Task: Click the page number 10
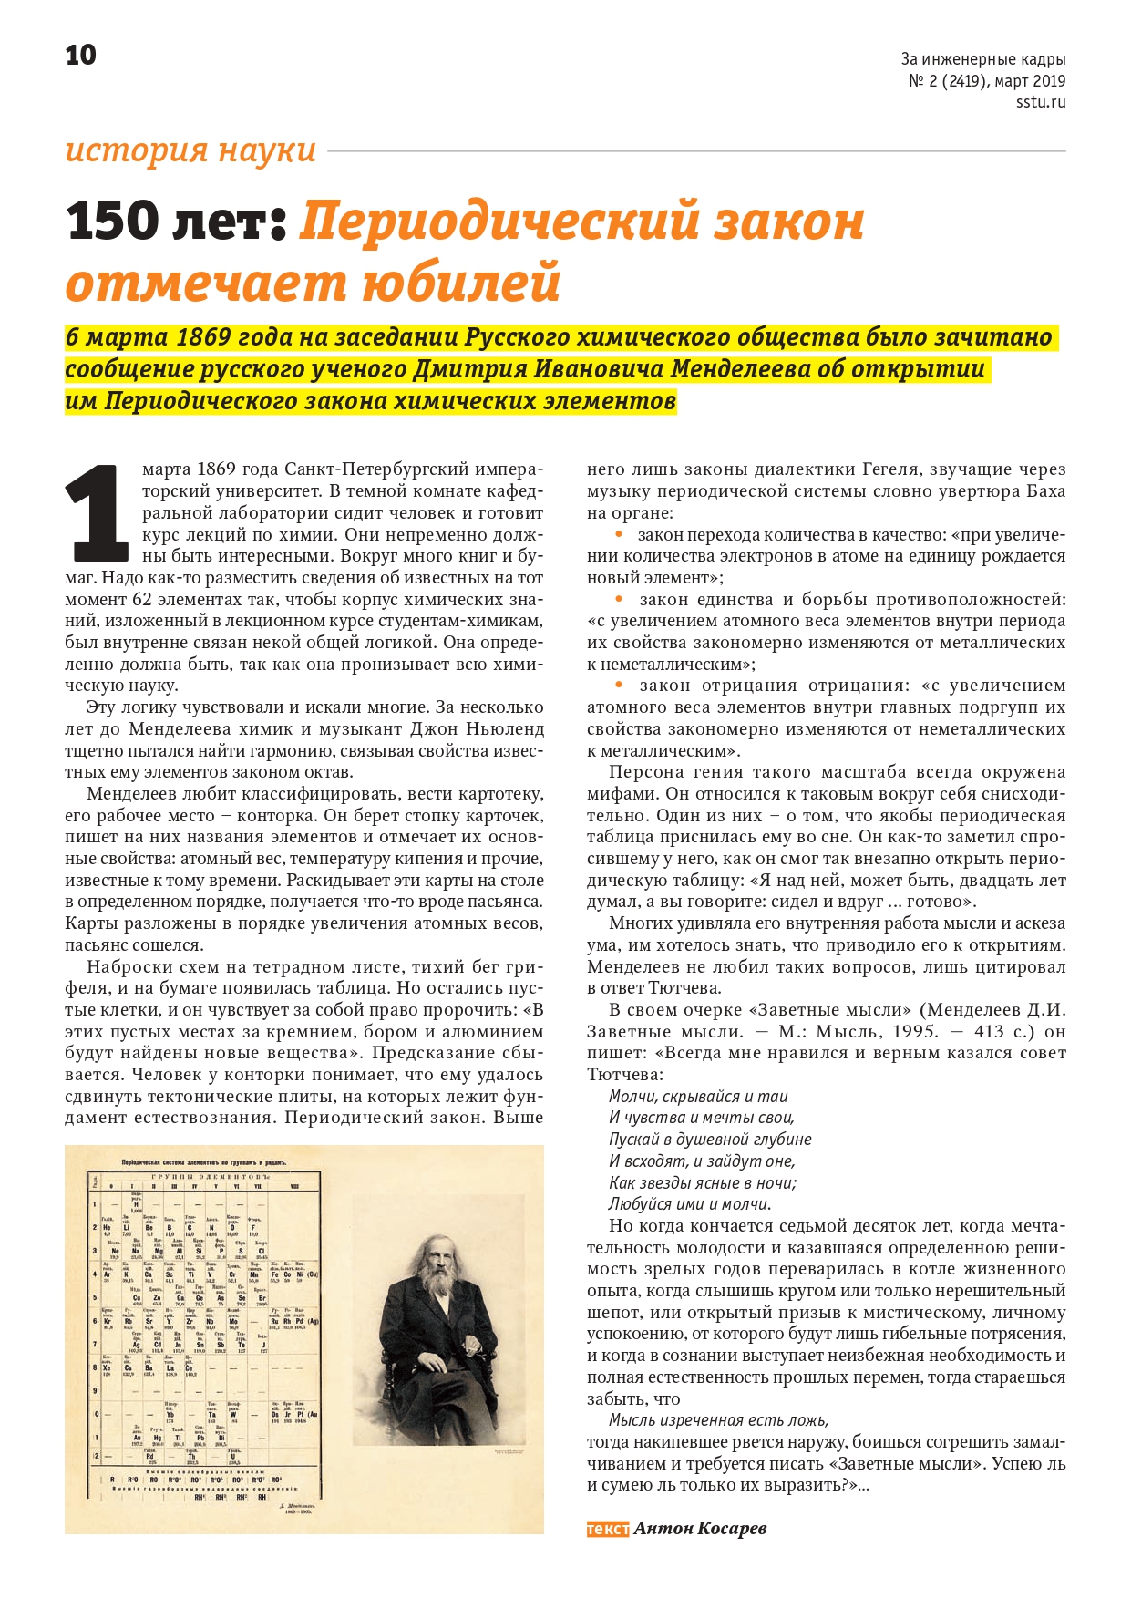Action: coord(80,56)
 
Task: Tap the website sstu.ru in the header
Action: coord(1041,102)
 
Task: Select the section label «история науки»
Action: coord(190,150)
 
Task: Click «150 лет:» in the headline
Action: coord(177,222)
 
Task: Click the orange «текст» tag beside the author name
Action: coord(607,1528)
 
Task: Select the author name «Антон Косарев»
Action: coord(700,1528)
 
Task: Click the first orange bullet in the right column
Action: coord(619,534)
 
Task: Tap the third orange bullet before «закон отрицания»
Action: coord(619,685)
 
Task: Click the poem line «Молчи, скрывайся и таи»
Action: coord(698,1096)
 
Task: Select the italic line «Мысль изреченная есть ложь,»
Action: coord(719,1419)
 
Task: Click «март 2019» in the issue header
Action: coord(1030,81)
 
